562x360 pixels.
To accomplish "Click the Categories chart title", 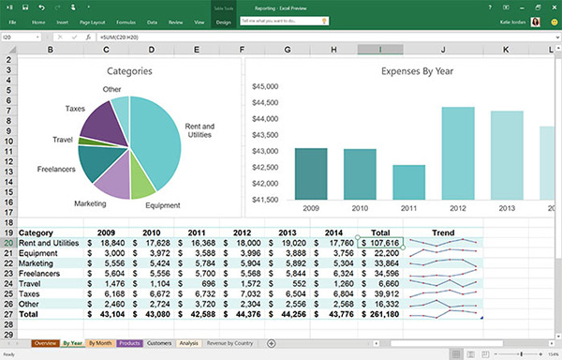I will pos(129,71).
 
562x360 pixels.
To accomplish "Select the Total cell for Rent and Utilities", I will pos(380,243).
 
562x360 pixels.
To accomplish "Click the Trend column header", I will pos(442,232).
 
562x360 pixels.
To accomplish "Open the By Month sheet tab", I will pos(100,343).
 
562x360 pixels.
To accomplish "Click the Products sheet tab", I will pos(129,343).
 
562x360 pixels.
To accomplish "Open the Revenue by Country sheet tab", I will pos(230,343).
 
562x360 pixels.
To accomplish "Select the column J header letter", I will pos(442,48).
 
